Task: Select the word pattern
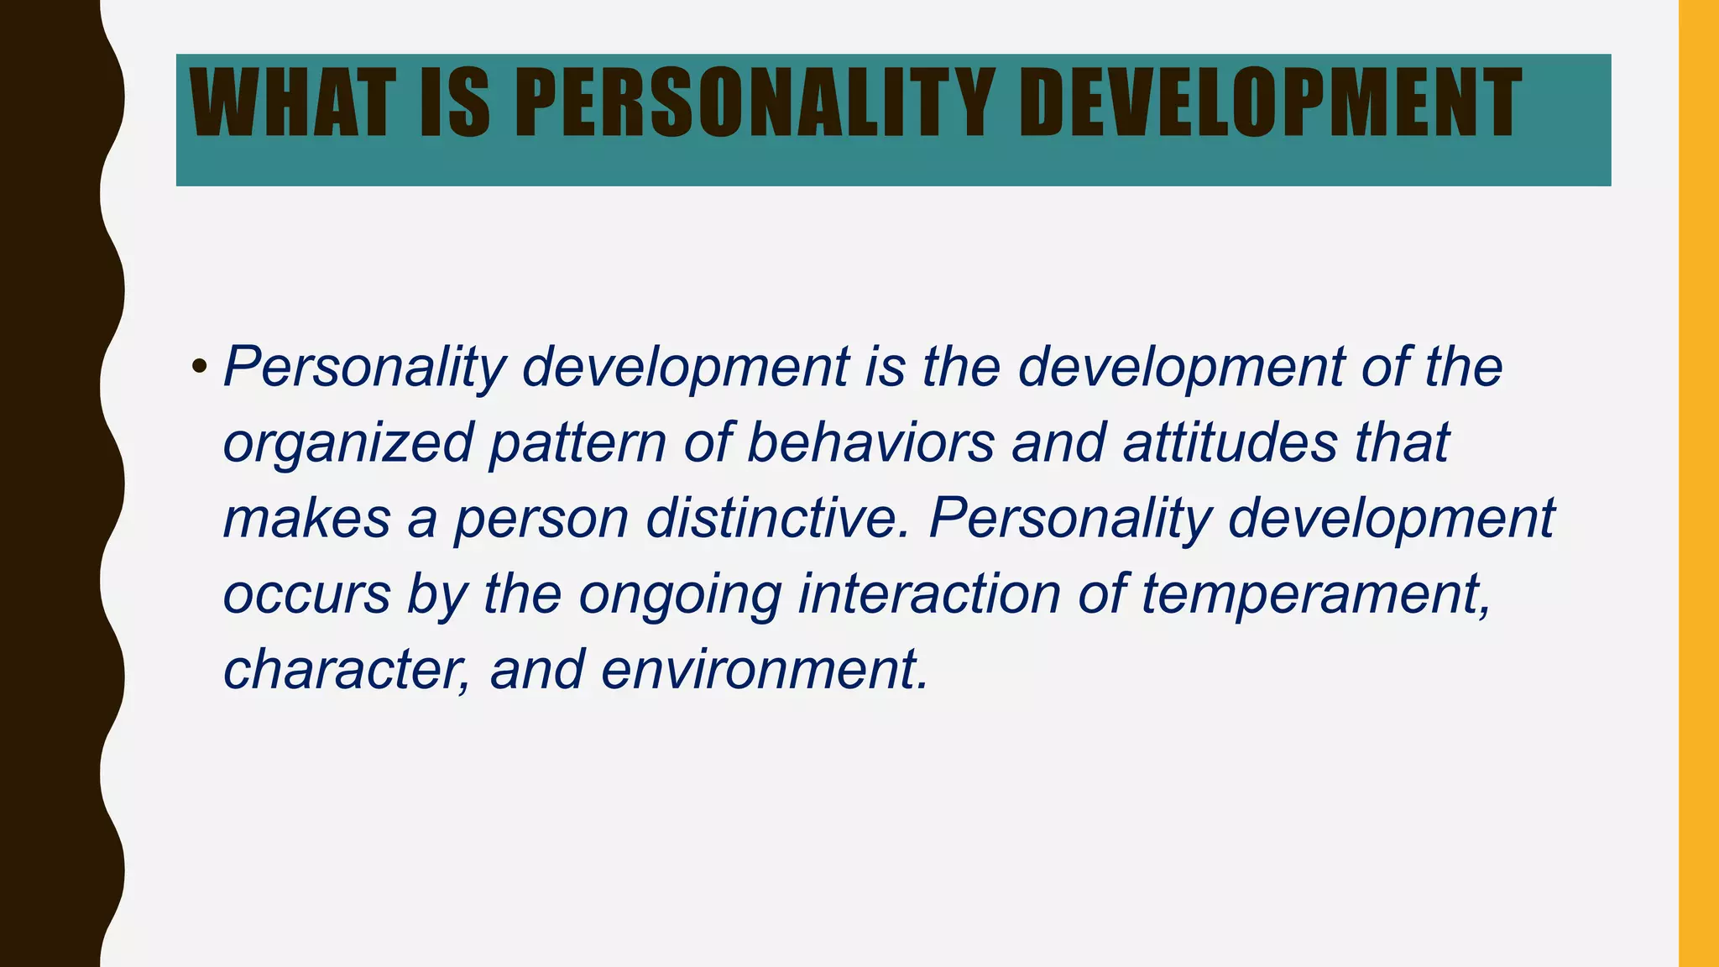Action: pos(577,443)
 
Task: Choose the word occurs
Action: pos(307,594)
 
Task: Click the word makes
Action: pos(307,517)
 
